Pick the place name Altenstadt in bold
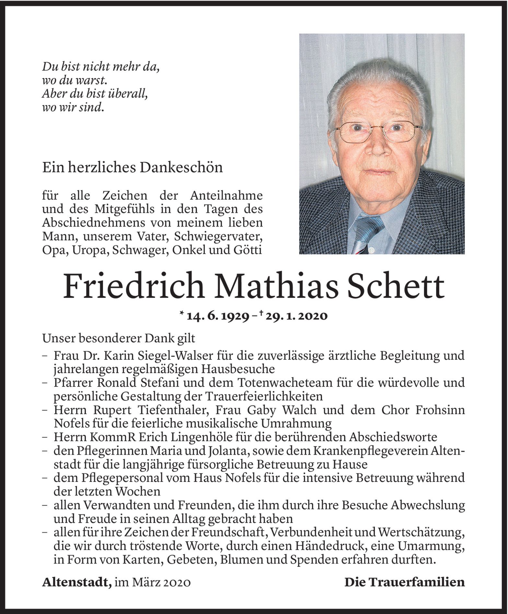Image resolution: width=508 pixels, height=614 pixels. pyautogui.click(x=76, y=583)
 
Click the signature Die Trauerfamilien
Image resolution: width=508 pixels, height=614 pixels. pyautogui.click(x=404, y=583)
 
